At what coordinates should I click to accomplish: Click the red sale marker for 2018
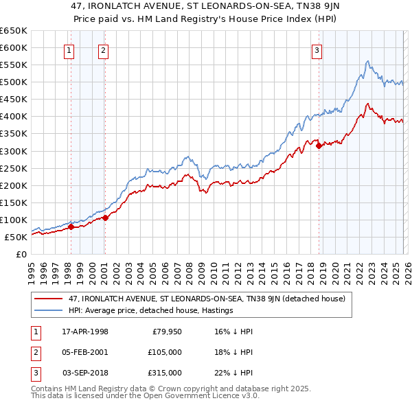coord(319,145)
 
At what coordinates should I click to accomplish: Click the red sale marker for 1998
coord(71,226)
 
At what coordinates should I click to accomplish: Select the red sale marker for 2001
coord(105,218)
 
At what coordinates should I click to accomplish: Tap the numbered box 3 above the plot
coord(317,49)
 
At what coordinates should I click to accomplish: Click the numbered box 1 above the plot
coord(70,49)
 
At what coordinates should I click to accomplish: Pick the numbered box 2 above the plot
coord(103,49)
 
